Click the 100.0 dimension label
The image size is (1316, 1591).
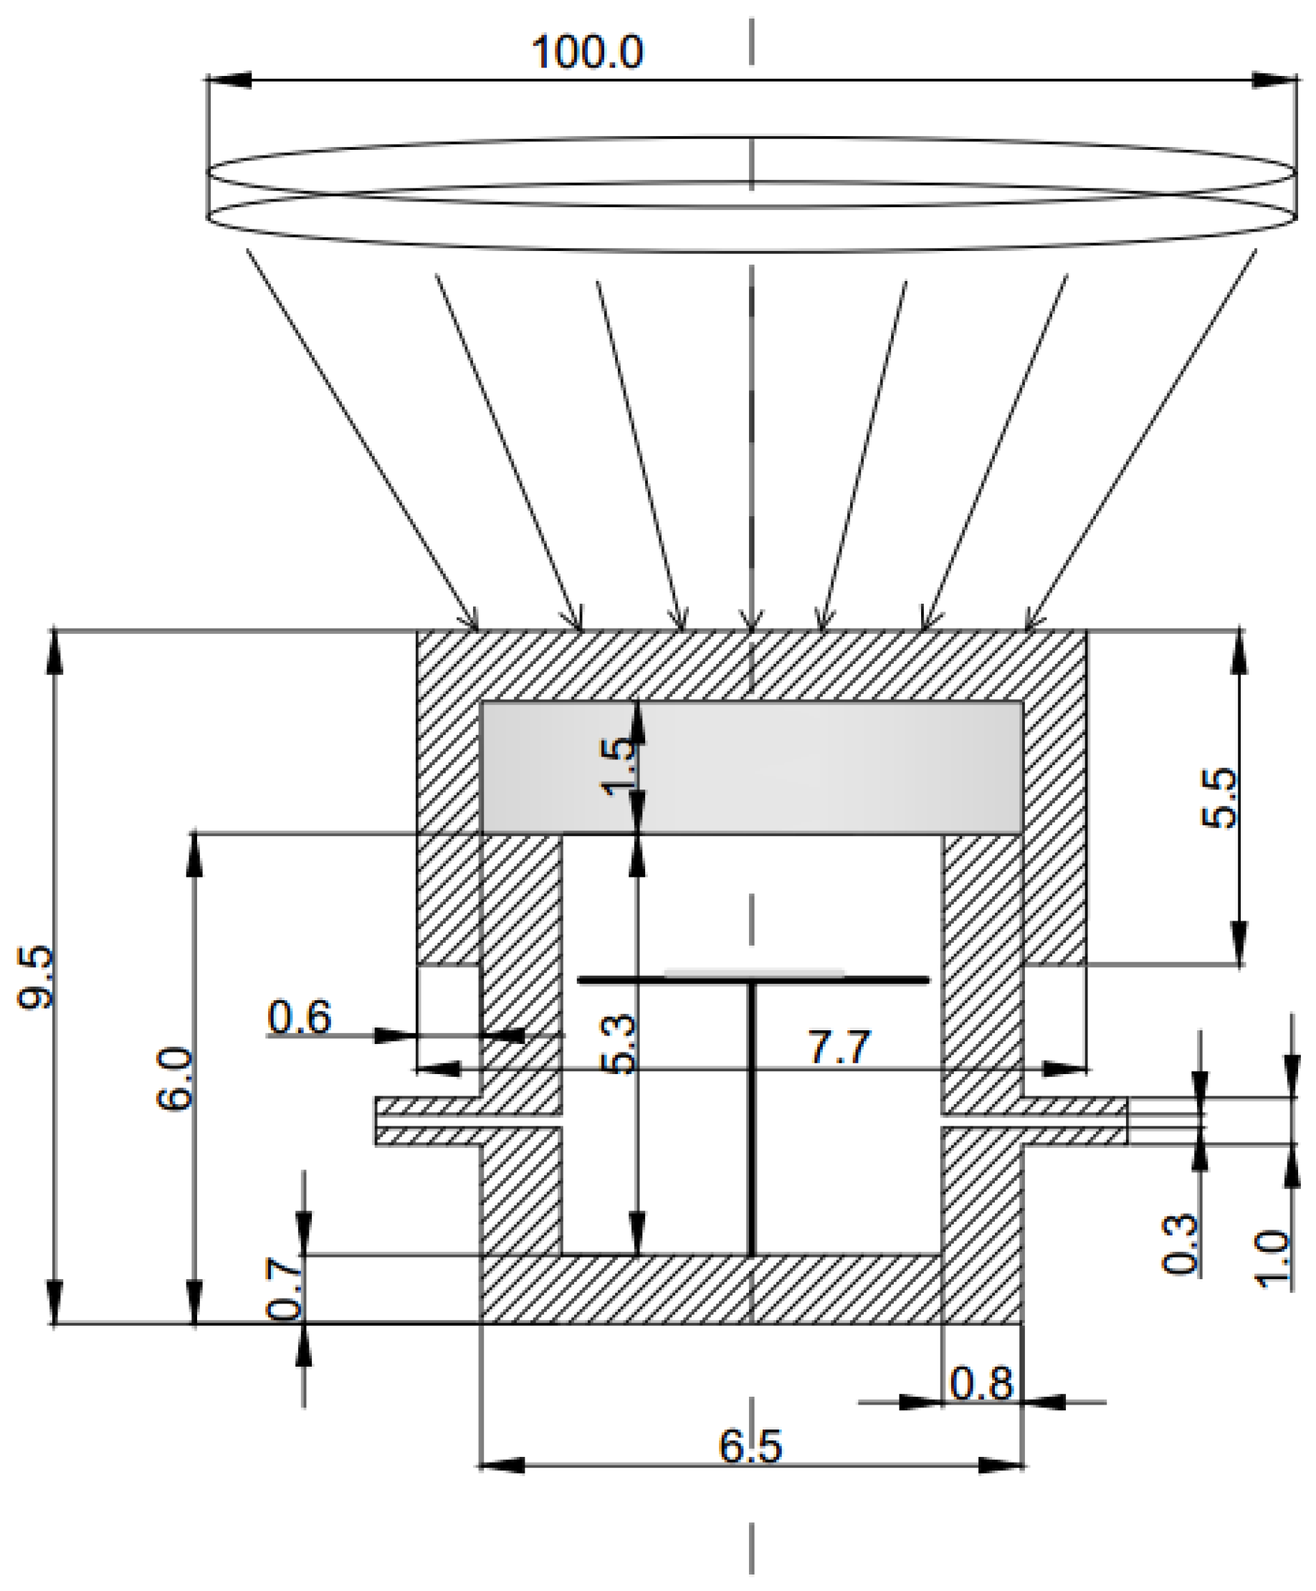(x=587, y=52)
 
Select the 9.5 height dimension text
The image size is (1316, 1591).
(x=36, y=978)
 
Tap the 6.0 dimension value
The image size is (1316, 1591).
(x=175, y=1079)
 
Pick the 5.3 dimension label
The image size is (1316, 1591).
(x=619, y=1045)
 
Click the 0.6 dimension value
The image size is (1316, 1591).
(x=299, y=1017)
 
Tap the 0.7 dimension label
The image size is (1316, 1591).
(x=285, y=1288)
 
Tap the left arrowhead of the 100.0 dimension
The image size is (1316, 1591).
(x=227, y=80)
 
